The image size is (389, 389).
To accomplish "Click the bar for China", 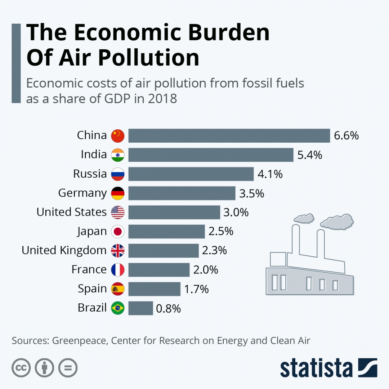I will tap(229, 136).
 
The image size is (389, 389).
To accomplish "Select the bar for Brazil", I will tap(140, 308).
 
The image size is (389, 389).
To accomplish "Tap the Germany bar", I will tap(182, 193).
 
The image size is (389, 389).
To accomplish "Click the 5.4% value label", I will tap(310, 155).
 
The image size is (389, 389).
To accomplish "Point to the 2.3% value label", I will tap(214, 250).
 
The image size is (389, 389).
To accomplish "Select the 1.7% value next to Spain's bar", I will tap(196, 289).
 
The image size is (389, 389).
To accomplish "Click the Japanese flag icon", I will tap(118, 232).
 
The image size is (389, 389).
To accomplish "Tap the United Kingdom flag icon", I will tap(118, 251).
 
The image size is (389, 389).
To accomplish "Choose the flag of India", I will tap(118, 155).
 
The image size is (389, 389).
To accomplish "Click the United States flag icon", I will tap(118, 213).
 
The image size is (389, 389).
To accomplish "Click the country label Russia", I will tap(90, 174).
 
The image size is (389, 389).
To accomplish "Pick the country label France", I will tap(89, 269).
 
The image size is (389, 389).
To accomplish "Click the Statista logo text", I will tap(316, 368).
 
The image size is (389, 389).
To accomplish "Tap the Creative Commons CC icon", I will tap(21, 368).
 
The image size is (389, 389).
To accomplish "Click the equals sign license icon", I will tap(68, 368).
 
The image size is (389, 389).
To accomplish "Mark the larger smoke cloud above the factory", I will tap(337, 221).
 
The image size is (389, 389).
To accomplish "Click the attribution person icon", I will tap(44, 368).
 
